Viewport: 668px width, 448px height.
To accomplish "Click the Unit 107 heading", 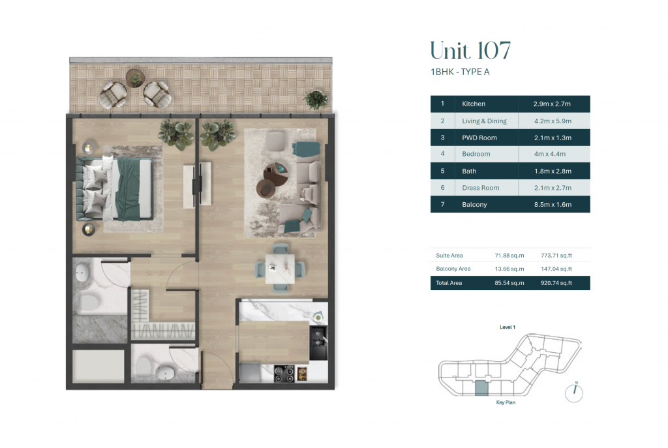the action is point(470,51).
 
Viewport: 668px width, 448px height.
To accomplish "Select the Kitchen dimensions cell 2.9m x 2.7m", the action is point(552,104).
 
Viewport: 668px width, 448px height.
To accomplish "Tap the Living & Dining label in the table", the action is point(485,121).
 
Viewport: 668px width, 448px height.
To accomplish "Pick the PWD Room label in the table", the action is point(479,138).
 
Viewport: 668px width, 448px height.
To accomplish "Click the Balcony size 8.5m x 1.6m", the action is point(553,204).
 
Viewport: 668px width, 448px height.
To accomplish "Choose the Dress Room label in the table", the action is point(481,188).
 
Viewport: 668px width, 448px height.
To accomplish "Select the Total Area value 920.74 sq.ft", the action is point(556,283).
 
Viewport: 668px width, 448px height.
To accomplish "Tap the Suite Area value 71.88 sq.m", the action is point(509,256).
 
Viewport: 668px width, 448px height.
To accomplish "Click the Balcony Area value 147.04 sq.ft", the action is point(556,269).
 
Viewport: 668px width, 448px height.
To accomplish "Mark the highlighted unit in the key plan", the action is point(481,389).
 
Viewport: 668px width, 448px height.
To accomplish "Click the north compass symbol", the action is point(574,392).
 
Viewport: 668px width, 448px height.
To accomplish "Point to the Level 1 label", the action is point(508,327).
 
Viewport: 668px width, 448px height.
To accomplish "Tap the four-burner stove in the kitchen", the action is point(284,374).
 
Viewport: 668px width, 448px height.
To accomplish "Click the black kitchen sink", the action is point(318,342).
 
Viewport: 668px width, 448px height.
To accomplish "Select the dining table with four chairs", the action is point(280,268).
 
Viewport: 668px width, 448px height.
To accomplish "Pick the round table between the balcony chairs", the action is point(136,78).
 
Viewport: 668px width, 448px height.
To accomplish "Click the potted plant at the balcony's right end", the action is point(316,100).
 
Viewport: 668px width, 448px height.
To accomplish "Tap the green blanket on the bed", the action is point(132,188).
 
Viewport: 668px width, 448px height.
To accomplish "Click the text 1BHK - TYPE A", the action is point(460,72).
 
